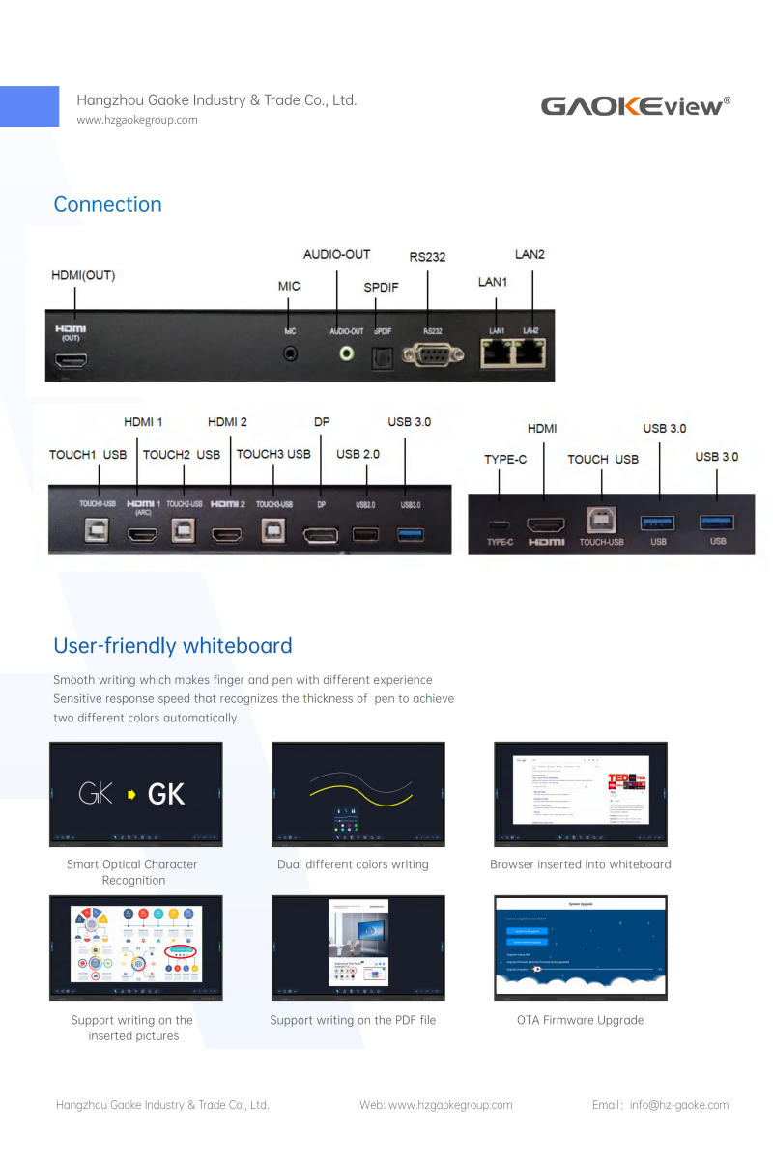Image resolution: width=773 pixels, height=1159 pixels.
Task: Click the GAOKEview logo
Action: (635, 105)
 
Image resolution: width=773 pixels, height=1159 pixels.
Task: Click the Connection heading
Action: (107, 204)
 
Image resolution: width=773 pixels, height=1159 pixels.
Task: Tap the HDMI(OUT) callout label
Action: (83, 275)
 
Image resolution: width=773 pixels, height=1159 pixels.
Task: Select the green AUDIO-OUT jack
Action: (346, 353)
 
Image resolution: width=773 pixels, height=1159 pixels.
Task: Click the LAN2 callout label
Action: (530, 254)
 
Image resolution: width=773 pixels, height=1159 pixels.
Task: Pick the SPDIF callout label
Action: (381, 287)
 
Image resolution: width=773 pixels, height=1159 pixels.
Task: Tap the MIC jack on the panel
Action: (290, 353)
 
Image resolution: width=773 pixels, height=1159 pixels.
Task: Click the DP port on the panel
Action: (321, 534)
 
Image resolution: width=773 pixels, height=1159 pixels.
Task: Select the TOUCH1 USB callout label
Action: (88, 454)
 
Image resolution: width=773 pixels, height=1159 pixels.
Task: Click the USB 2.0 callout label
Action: (358, 454)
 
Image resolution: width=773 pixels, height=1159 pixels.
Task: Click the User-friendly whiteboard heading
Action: (172, 645)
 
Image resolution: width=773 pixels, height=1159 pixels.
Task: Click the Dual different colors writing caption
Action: (353, 864)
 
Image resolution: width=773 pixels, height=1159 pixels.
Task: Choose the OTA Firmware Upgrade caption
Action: (580, 1020)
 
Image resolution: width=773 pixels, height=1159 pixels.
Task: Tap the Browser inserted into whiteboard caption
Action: (580, 864)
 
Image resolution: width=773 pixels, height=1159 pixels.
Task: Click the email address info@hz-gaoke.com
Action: (679, 1105)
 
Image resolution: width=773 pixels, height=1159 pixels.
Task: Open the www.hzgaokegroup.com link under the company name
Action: (137, 120)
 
